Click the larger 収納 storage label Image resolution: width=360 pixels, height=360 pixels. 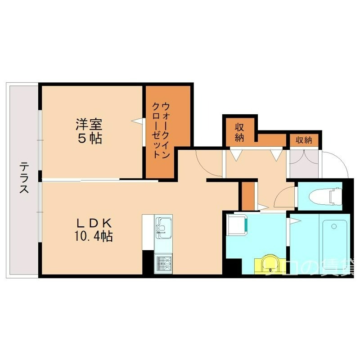239,133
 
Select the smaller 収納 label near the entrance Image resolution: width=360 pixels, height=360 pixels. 304,140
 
